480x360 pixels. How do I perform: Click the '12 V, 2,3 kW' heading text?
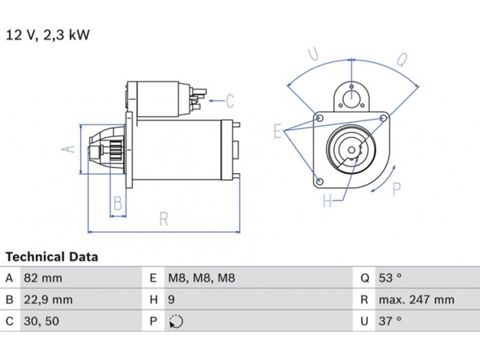tap(48, 35)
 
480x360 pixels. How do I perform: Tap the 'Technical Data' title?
tap(52, 257)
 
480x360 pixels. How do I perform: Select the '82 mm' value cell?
tap(43, 278)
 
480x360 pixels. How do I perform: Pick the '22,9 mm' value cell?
tap(47, 300)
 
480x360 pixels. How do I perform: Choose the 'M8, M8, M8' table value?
tap(201, 278)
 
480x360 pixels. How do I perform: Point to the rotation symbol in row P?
tap(176, 322)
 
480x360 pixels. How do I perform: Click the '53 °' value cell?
tap(390, 278)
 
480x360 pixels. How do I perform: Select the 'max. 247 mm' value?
tap(416, 300)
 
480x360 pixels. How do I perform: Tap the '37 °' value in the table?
tap(390, 322)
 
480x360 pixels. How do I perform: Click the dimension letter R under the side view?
tap(164, 220)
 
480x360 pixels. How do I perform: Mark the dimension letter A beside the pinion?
tap(70, 148)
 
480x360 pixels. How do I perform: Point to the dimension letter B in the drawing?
tap(118, 204)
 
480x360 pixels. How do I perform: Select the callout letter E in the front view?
tap(278, 131)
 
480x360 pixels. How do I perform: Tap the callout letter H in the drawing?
tap(328, 201)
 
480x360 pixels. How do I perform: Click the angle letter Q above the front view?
tap(403, 59)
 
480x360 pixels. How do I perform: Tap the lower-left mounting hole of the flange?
tap(319, 181)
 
